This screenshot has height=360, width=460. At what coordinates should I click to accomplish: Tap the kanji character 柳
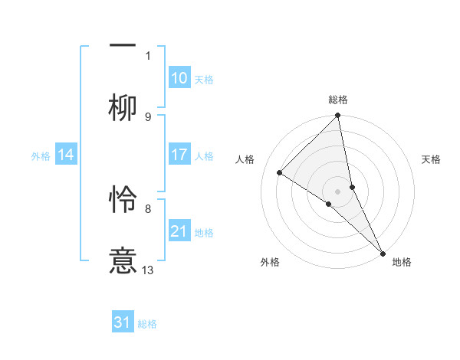[x=123, y=108]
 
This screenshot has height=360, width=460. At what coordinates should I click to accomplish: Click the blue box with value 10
[x=179, y=78]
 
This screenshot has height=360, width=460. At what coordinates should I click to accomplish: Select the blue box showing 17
[x=179, y=155]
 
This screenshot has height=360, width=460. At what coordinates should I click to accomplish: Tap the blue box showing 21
[x=179, y=231]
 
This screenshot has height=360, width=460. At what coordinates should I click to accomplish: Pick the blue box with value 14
[x=66, y=155]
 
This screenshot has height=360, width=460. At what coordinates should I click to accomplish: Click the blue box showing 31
[x=123, y=322]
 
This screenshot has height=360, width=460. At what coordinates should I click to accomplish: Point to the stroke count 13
[x=148, y=270]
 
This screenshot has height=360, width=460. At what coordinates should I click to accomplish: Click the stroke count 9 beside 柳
[x=148, y=116]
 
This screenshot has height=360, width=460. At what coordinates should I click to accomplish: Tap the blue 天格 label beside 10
[x=204, y=80]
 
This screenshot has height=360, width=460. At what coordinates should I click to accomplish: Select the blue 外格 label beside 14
[x=41, y=156]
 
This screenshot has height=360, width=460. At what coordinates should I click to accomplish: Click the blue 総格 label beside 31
[x=147, y=324]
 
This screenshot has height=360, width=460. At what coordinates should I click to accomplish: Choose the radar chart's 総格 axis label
[x=338, y=100]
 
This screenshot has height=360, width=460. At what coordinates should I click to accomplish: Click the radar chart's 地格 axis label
[x=402, y=262]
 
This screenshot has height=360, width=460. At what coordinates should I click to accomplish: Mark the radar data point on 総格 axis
[x=338, y=116]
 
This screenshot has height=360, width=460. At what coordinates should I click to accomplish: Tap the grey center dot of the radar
[x=338, y=191]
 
